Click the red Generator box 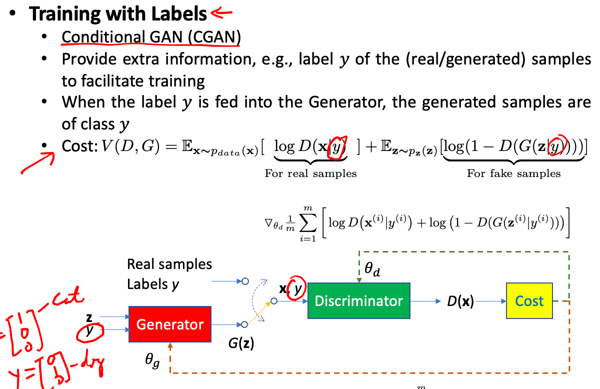click(x=170, y=324)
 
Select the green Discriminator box click(x=358, y=300)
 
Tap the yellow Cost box click(x=529, y=300)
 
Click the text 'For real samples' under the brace click(x=310, y=173)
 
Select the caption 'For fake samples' click(x=513, y=173)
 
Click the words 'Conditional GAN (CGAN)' click(x=150, y=37)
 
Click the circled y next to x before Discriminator click(x=297, y=288)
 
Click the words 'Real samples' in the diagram click(x=169, y=264)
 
